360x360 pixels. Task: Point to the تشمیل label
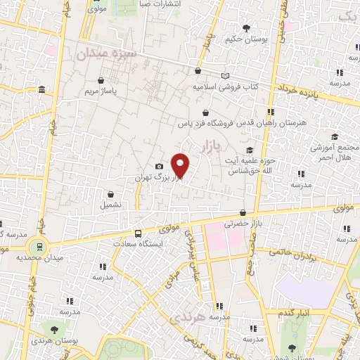111,205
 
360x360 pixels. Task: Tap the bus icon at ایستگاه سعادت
137,233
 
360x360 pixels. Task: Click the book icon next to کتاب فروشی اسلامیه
225,76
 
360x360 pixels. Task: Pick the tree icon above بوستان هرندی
53,328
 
